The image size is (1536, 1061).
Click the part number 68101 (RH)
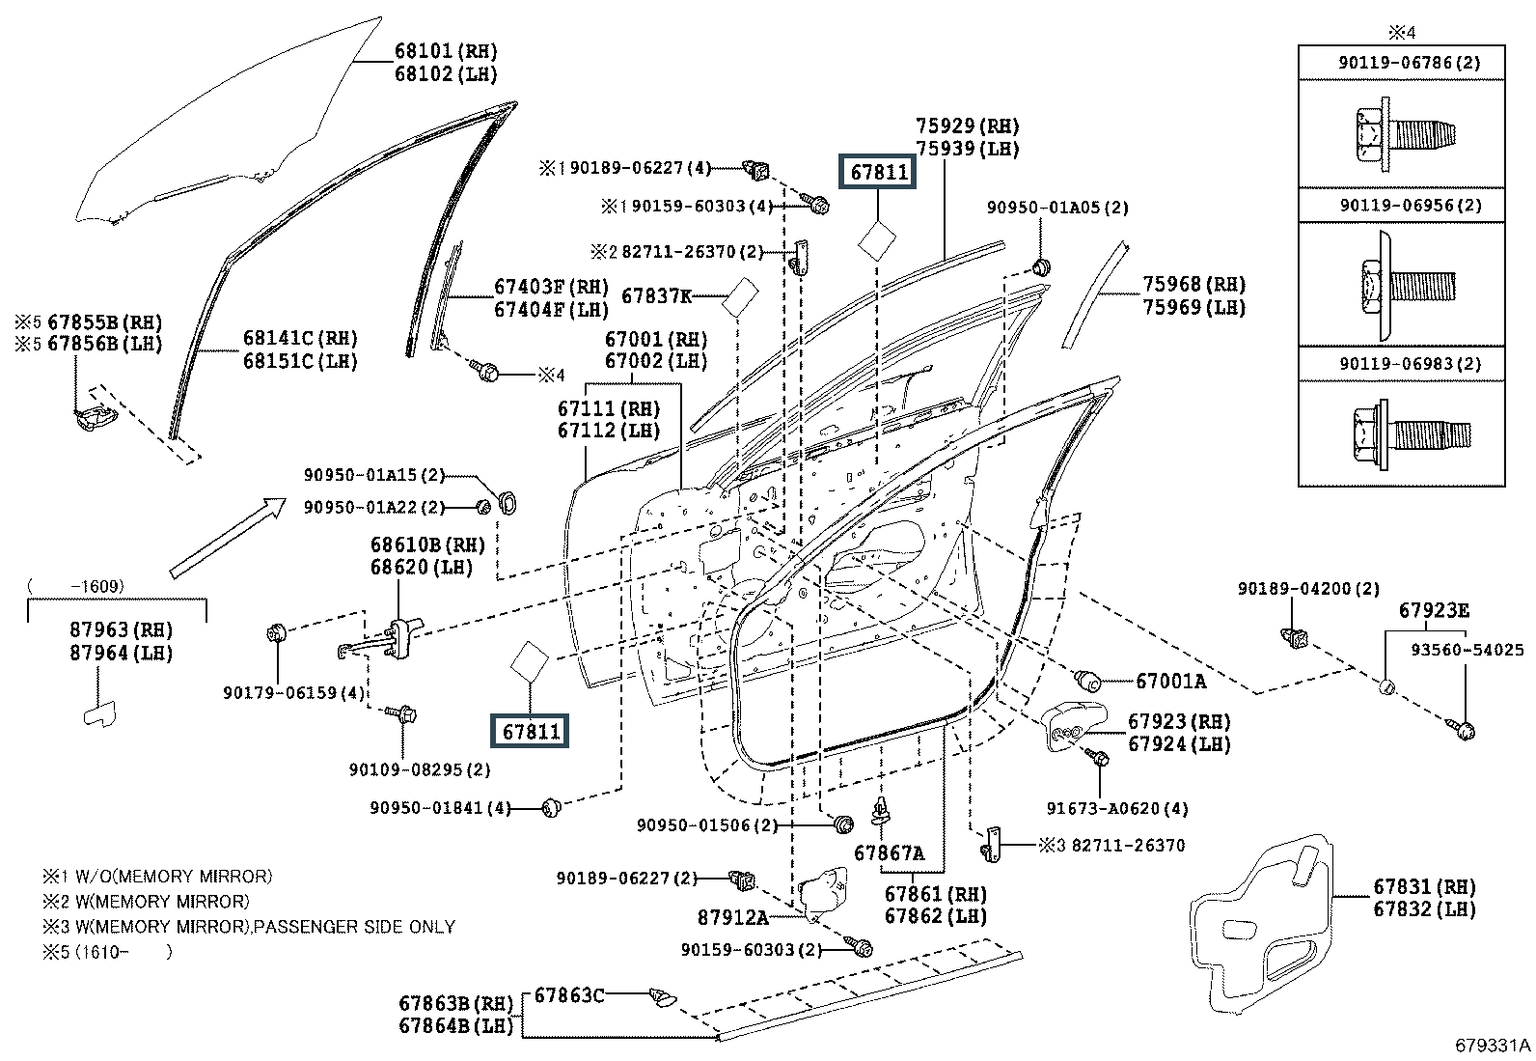[446, 51]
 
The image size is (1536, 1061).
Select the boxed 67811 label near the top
[878, 173]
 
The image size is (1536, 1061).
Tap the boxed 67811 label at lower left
[531, 732]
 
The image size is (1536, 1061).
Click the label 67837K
[656, 296]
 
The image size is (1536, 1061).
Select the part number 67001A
[1170, 682]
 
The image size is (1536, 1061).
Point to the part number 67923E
[1435, 610]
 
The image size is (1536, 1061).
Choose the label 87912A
[733, 916]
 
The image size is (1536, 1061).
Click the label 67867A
[889, 853]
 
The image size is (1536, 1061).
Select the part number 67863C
[569, 994]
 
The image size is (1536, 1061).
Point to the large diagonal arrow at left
[228, 538]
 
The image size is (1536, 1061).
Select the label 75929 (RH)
[967, 126]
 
